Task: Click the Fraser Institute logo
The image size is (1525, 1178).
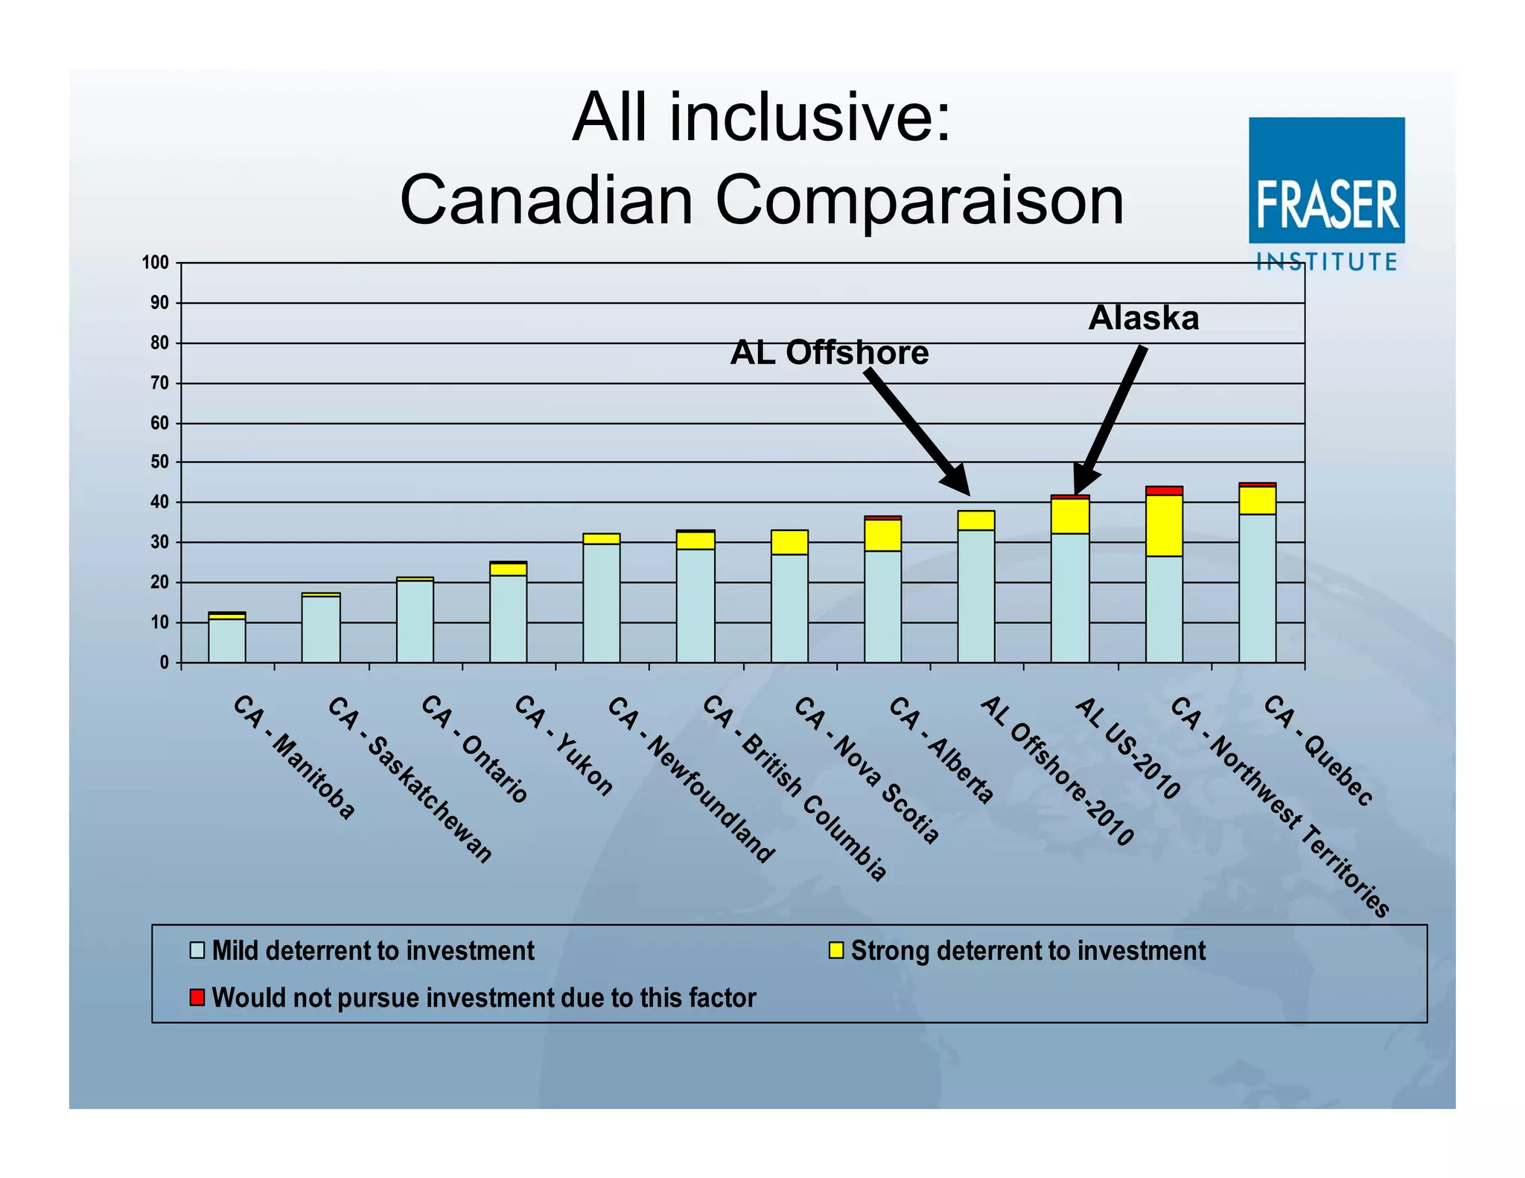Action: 1326,192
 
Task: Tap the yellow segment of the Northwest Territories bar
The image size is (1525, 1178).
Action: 1164,525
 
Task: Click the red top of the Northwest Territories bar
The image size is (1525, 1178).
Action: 1164,490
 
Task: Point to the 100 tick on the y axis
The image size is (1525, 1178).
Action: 156,263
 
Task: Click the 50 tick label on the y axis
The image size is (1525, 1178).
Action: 159,462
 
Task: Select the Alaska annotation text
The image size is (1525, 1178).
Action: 1143,319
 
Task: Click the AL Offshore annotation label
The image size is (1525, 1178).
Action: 829,353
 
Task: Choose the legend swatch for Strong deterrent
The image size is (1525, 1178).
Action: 836,950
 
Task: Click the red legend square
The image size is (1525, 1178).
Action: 197,997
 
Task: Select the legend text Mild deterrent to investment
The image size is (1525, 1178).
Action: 373,951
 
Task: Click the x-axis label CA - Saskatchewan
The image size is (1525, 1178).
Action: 410,779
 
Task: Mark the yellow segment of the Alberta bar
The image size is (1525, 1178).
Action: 882,535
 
